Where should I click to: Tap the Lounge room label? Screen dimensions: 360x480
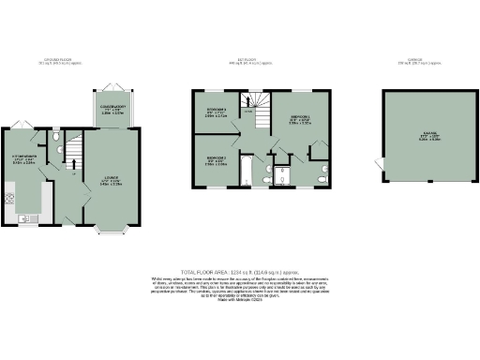click(113, 181)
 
